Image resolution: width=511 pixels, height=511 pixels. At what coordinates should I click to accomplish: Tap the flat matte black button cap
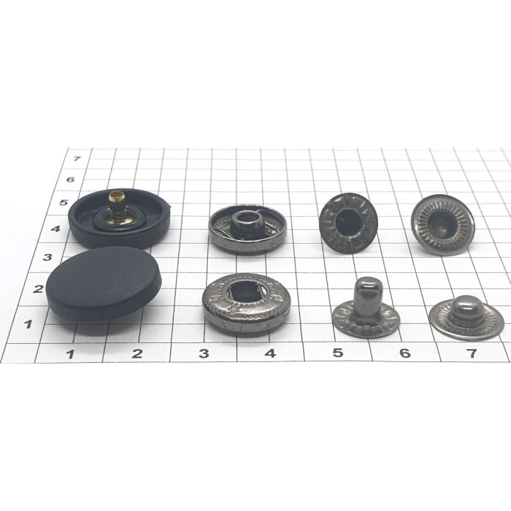pyautogui.click(x=104, y=284)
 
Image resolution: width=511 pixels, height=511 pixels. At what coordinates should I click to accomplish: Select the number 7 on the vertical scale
pyautogui.click(x=77, y=158)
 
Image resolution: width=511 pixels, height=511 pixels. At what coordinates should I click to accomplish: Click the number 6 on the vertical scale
pyautogui.click(x=70, y=180)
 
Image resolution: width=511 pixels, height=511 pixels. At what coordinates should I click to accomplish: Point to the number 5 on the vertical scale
pyautogui.click(x=64, y=202)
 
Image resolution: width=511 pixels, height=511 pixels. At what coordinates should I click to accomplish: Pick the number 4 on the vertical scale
pyautogui.click(x=56, y=228)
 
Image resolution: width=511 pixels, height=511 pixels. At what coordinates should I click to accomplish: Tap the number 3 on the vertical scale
pyautogui.click(x=47, y=257)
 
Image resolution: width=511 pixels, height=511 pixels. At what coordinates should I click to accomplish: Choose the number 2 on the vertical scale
pyautogui.click(x=38, y=288)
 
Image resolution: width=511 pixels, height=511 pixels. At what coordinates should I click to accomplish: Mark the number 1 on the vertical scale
pyautogui.click(x=28, y=324)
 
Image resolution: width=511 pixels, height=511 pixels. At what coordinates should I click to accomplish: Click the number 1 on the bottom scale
pyautogui.click(x=70, y=354)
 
